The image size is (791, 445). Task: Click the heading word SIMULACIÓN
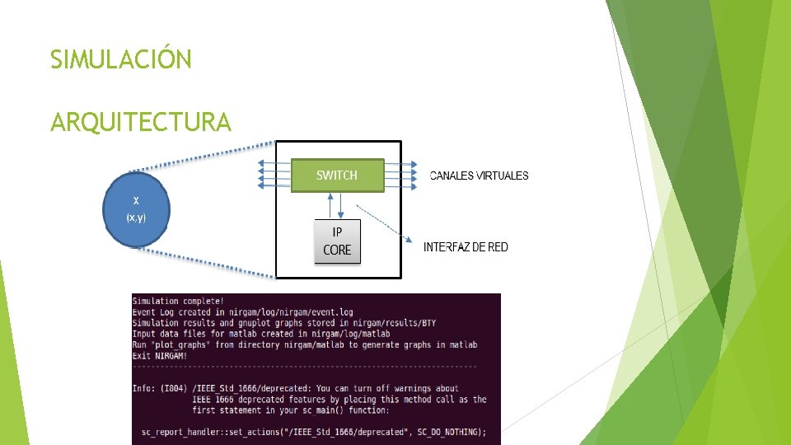tap(120, 60)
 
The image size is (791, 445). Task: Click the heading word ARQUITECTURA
tap(140, 123)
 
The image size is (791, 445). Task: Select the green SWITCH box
tap(338, 175)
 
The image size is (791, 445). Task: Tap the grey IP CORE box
tap(337, 241)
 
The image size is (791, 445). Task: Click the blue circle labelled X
tap(136, 209)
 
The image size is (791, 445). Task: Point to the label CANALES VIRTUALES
tap(480, 176)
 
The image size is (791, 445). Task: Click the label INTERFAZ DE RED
tap(466, 247)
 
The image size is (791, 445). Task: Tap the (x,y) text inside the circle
tap(136, 218)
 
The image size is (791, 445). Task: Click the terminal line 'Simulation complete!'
tap(177, 302)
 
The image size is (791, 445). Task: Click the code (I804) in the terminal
tap(173, 388)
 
